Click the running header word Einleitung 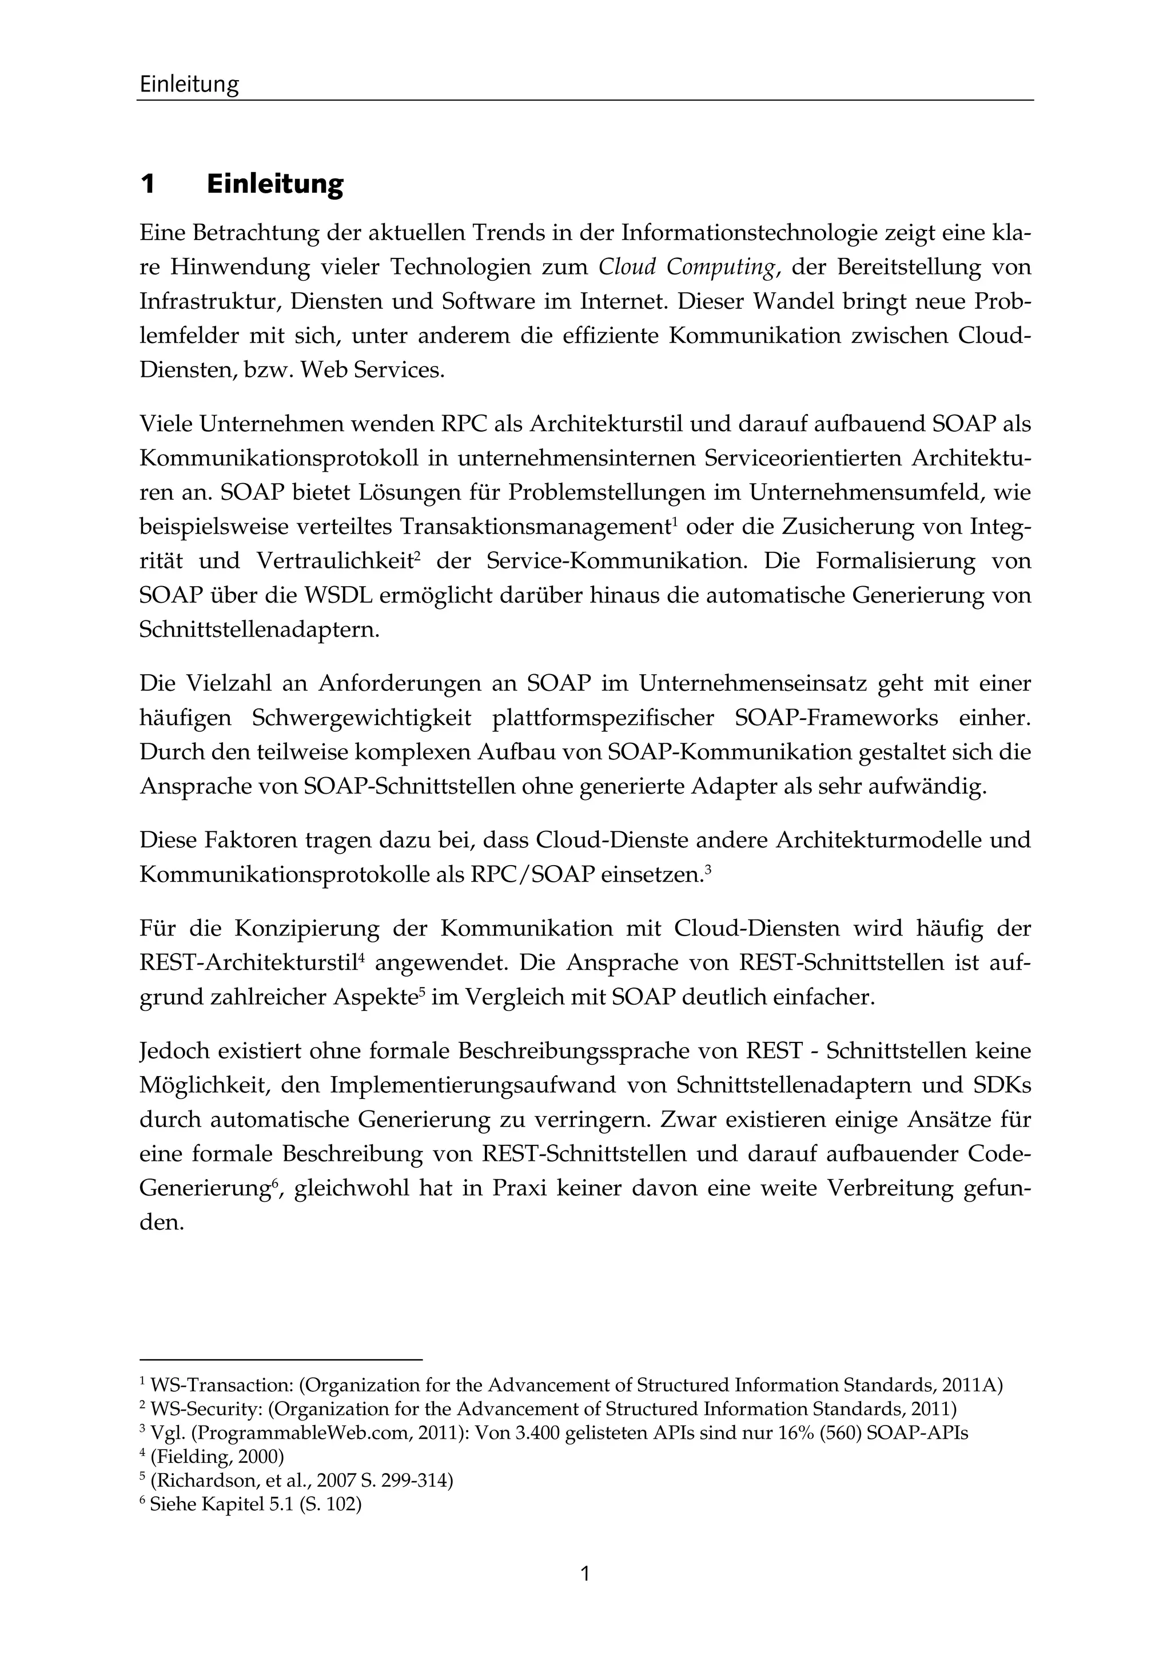coord(189,85)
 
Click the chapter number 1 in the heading coord(148,185)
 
